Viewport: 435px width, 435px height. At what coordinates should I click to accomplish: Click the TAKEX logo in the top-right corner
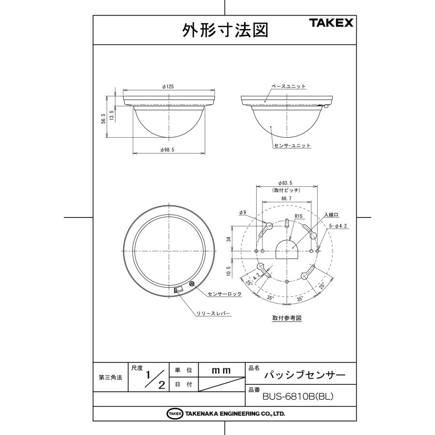click(x=331, y=23)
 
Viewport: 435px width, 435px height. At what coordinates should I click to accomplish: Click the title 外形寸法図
click(x=225, y=30)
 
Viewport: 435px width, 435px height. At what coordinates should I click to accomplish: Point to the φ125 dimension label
click(x=168, y=87)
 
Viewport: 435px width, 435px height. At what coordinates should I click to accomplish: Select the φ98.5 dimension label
click(x=168, y=150)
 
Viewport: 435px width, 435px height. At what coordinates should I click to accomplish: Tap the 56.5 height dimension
click(x=103, y=118)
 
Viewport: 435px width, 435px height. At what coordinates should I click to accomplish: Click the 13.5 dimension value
click(x=112, y=115)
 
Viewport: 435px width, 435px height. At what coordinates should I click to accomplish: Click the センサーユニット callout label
click(x=292, y=145)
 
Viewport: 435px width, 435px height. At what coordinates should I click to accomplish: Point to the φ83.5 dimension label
click(x=285, y=183)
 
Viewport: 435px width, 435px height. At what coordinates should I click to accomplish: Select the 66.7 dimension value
click(x=286, y=199)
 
